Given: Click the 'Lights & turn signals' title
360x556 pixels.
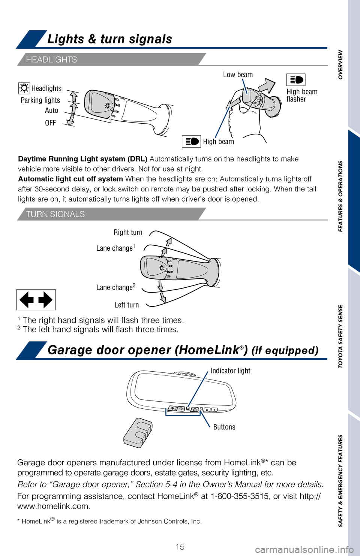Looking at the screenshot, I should click(109, 39).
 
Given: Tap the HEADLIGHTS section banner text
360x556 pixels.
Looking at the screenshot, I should click(51, 60).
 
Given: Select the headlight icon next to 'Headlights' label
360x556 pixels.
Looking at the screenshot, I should click(24, 88).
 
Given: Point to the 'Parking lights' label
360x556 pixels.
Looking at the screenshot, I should click(40, 100).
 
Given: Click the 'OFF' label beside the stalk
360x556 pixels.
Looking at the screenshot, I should click(51, 123).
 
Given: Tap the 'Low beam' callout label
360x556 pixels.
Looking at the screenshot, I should click(238, 75).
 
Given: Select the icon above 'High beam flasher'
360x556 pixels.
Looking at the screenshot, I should click(296, 80).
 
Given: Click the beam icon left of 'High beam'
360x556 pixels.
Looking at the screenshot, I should click(191, 141).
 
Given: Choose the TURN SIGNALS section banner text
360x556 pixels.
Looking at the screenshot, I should click(55, 214).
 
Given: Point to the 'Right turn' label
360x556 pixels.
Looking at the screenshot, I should click(128, 232).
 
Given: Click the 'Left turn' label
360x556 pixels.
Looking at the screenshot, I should click(127, 305).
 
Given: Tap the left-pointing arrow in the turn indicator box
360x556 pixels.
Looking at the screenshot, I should click(27, 300).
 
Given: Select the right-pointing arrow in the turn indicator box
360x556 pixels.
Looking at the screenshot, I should click(45, 300).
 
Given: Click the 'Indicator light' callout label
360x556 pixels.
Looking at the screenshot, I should click(230, 371).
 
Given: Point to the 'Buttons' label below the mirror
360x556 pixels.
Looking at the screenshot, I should click(224, 427).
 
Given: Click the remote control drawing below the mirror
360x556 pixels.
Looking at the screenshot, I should click(138, 433).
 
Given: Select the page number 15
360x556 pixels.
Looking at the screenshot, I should click(180, 547).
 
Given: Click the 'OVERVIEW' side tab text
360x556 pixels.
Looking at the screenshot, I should click(340, 64).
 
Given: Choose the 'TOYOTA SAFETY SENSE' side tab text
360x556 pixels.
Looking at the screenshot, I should click(340, 336).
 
